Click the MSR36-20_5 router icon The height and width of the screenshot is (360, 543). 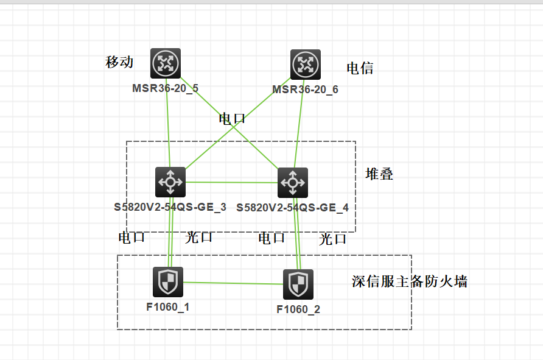(166, 63)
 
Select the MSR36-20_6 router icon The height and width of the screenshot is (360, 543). (305, 65)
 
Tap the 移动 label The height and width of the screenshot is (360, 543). (119, 62)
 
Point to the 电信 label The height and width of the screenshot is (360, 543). (360, 68)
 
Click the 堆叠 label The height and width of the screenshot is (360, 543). (379, 174)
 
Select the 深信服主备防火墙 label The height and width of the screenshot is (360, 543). (410, 281)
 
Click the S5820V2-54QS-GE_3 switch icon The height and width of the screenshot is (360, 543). (171, 182)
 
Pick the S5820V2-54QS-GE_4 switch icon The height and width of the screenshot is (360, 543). (293, 183)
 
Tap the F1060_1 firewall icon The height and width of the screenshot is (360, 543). (167, 282)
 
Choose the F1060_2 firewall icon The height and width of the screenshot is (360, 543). (298, 284)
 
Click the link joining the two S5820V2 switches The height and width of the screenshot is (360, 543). (231, 182)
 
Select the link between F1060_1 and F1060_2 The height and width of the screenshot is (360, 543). (233, 283)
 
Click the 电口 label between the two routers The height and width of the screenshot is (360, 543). (232, 118)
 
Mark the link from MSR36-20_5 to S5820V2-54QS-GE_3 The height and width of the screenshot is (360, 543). (168, 122)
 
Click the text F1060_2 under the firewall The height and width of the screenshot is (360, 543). (298, 309)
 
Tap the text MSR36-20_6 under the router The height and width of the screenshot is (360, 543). (305, 90)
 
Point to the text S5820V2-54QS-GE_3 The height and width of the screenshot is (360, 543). (170, 207)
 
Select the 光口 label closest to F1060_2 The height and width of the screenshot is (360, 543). (333, 239)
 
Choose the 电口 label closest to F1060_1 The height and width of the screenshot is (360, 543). (132, 237)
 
